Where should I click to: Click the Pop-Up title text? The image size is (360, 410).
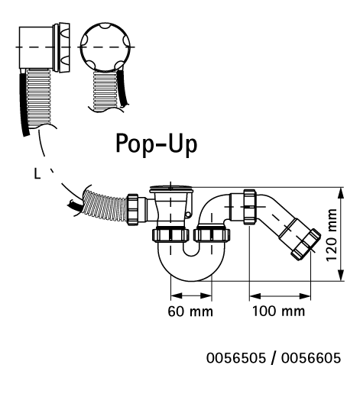(x=156, y=144)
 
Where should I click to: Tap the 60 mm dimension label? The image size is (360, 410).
(x=190, y=312)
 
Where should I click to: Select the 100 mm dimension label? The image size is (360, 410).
(x=278, y=312)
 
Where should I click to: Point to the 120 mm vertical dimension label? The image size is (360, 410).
(x=331, y=234)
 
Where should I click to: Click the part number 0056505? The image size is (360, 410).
(x=236, y=358)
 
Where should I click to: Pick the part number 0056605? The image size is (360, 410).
(x=311, y=358)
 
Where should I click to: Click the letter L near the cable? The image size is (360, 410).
(x=37, y=173)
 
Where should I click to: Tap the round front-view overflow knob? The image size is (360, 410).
(x=105, y=47)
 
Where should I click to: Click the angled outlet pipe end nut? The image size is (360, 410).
(x=306, y=244)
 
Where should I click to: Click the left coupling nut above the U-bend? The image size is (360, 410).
(x=170, y=235)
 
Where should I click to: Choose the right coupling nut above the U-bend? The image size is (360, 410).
(x=212, y=235)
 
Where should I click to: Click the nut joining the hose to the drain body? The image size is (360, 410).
(x=133, y=210)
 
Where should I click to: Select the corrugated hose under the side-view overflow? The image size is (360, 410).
(x=39, y=98)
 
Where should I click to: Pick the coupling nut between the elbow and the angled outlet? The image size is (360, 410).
(x=249, y=207)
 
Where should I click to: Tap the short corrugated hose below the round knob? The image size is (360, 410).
(x=105, y=90)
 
